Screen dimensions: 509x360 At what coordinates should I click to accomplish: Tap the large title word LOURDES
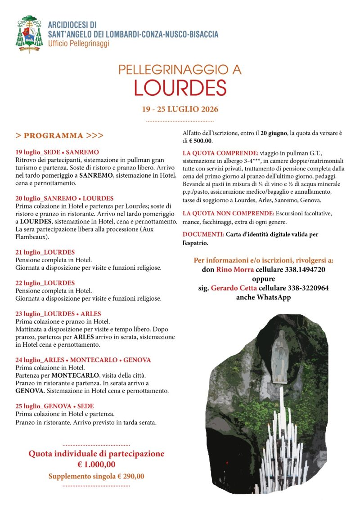coord(180,88)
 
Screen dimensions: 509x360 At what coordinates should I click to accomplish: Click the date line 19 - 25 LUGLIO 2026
coord(180,109)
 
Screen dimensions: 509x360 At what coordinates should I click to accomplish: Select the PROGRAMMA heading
coord(59,135)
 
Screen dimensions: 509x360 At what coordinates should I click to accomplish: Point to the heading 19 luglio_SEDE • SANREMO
coord(57,152)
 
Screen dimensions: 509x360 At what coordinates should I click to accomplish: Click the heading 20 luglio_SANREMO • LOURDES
coord(64,198)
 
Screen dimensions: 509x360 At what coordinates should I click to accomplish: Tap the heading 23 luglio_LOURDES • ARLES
coord(58,313)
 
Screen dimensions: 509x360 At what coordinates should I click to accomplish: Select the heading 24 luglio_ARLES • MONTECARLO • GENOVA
coord(83,360)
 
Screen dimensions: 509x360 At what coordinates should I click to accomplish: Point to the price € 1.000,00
coord(96,464)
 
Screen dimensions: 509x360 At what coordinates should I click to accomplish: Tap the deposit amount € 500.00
coord(203,141)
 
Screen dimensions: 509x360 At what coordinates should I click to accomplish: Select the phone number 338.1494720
coord(306,270)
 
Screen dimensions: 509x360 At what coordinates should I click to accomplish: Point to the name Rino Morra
coord(229,270)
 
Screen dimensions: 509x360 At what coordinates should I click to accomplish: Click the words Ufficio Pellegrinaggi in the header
coord(79,44)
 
